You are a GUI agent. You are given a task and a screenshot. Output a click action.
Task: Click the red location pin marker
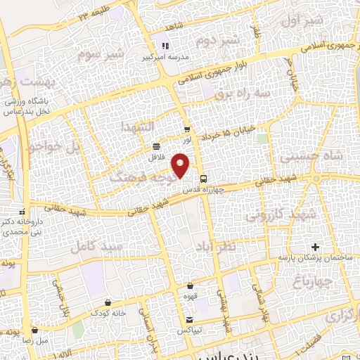point(181,166)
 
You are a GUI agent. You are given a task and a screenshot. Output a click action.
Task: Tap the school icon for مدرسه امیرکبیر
point(167,46)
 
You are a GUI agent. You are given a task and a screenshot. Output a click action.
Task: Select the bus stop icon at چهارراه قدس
point(202,178)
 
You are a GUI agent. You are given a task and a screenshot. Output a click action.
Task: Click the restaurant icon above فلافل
point(155,146)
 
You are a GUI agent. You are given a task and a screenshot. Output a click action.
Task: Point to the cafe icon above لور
point(186,129)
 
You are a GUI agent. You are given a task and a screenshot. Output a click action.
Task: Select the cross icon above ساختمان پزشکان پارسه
point(315,247)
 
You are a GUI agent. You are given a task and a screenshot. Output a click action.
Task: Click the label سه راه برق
point(233,91)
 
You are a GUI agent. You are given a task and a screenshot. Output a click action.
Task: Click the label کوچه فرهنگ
point(136,178)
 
